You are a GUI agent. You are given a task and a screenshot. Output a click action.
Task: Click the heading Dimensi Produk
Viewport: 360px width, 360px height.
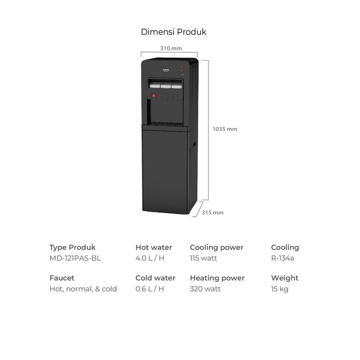[174, 32]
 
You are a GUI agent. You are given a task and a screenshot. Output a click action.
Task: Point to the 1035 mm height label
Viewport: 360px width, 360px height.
[225, 129]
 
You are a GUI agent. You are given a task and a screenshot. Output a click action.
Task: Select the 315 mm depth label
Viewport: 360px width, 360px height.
[213, 213]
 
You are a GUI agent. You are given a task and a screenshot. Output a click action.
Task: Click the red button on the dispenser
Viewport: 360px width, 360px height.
[154, 95]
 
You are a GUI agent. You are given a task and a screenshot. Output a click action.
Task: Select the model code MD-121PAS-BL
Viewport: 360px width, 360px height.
[75, 258]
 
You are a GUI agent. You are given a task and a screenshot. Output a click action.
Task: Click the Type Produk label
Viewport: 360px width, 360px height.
[72, 247]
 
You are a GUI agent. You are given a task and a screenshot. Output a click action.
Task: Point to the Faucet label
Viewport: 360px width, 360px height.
[61, 278]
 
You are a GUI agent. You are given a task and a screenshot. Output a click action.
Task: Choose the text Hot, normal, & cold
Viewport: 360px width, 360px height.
[83, 289]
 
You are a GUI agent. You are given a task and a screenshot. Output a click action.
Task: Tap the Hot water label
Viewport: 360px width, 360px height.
[154, 247]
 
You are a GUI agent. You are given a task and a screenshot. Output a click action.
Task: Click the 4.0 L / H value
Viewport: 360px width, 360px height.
[149, 258]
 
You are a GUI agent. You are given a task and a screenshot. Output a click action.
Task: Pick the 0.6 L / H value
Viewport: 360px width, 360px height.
[149, 289]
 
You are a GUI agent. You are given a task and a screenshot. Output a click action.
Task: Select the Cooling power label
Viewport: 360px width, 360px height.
[216, 247]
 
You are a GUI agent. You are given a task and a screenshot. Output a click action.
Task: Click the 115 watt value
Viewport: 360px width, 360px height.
[203, 258]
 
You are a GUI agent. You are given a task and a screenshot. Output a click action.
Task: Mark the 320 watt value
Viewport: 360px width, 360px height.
[205, 289]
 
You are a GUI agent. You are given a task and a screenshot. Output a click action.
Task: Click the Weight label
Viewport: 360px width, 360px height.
[285, 278]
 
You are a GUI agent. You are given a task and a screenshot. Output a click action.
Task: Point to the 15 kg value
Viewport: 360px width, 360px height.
[280, 289]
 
